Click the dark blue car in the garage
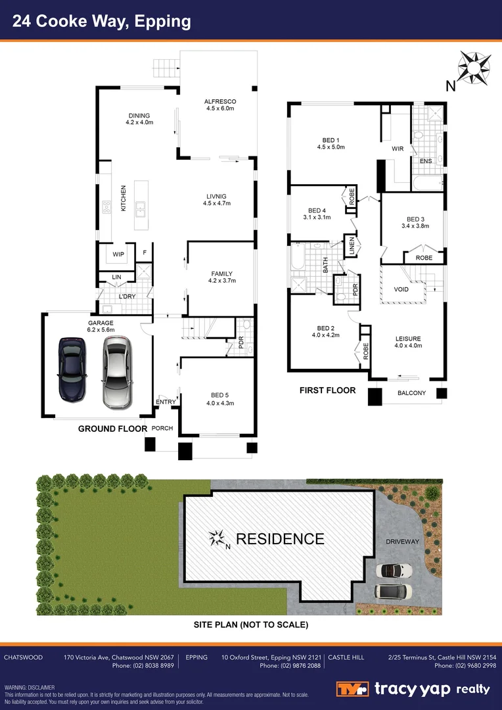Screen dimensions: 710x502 [72, 369]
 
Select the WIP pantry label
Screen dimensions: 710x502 [118, 254]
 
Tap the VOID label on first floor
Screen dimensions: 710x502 [401, 290]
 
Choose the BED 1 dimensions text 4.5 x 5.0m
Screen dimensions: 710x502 [331, 147]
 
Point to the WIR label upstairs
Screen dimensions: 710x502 [398, 149]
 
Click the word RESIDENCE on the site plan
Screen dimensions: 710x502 [280, 539]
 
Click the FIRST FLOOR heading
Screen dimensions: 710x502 [327, 390]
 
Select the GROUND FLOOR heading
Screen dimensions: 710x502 [112, 429]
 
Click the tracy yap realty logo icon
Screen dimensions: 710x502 [354, 689]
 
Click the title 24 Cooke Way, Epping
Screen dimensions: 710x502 [103, 21]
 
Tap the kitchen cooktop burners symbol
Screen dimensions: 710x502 [106, 208]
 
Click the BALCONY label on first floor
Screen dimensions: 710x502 [411, 393]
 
